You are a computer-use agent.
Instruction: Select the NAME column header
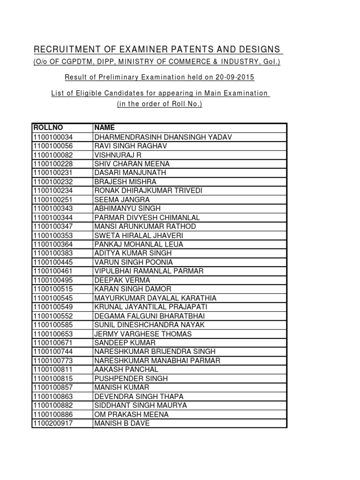click(105, 127)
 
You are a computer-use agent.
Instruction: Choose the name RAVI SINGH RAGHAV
click(131, 146)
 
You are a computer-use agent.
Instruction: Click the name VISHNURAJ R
click(114, 155)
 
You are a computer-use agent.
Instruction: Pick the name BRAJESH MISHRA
click(125, 181)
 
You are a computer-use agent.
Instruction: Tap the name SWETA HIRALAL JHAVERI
click(139, 235)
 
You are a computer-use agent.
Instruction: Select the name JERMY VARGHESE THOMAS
click(143, 334)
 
